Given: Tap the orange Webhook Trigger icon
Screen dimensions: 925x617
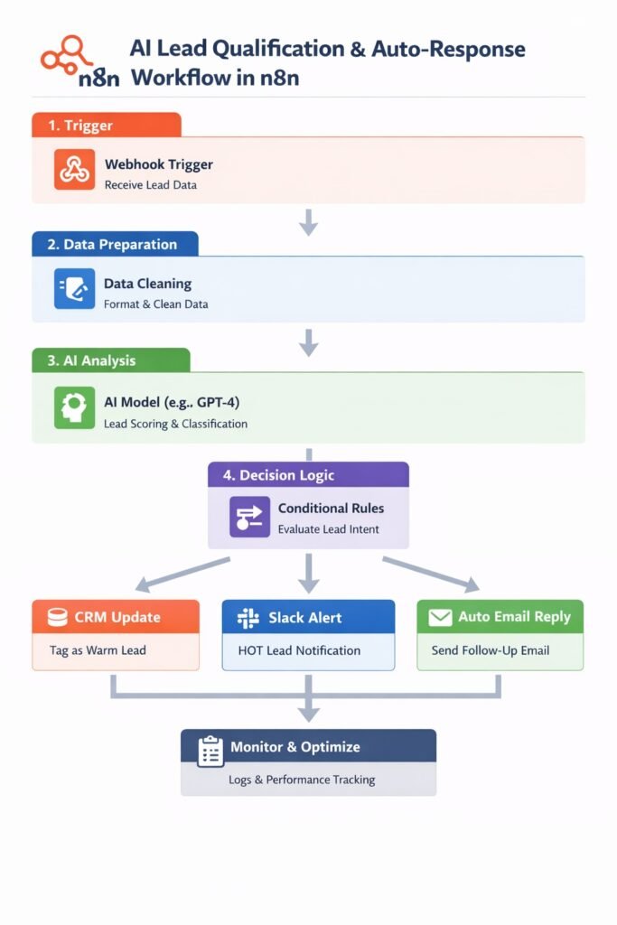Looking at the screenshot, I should point(73,170).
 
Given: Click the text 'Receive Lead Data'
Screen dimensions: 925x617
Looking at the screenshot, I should point(150,185).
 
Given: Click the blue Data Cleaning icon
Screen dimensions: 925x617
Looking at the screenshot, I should point(73,289).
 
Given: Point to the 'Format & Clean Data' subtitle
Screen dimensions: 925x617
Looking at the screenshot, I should point(155,304).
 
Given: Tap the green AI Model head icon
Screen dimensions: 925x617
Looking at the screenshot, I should point(73,407).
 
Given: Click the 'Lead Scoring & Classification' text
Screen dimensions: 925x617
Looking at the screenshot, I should point(175,424).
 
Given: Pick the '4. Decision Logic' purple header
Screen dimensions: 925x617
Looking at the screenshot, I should point(308,475).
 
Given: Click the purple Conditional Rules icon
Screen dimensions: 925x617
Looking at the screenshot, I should point(249,517).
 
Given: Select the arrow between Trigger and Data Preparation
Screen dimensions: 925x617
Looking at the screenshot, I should point(308,221).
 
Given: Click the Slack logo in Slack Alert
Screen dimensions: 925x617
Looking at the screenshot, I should point(248,619).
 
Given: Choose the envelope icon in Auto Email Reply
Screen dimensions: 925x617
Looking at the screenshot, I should point(440,618).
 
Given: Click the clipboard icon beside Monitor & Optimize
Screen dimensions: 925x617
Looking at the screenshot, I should point(210,749).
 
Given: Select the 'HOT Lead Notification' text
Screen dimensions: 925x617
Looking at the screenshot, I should point(299,650).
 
